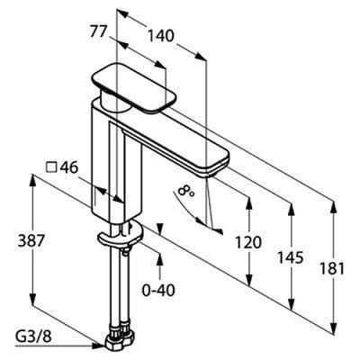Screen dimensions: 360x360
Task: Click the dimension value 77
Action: (99, 31)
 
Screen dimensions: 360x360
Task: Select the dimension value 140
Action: (161, 36)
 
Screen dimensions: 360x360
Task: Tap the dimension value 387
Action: (31, 240)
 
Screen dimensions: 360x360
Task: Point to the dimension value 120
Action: (247, 242)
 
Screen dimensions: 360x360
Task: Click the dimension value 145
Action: (290, 257)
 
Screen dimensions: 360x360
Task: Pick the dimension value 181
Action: (331, 268)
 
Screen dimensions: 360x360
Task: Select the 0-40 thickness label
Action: (158, 290)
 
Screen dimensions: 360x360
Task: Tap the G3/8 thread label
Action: (33, 337)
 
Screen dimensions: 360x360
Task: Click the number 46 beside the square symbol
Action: (68, 167)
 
